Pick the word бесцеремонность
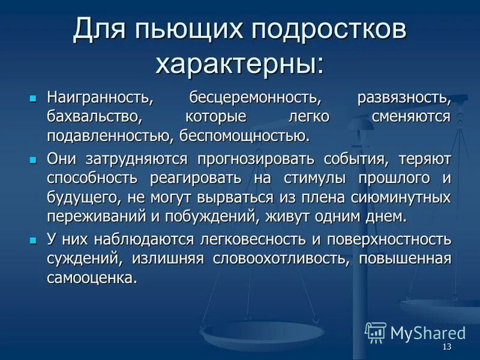point(253,97)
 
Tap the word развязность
point(404,97)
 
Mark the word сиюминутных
point(398,197)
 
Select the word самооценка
point(92,278)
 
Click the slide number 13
point(446,348)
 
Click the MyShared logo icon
point(376,332)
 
